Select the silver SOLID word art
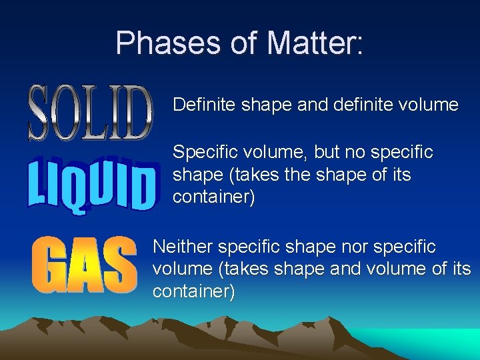pos(91,113)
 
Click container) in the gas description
pos(193,292)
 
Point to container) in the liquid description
pos(213,198)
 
